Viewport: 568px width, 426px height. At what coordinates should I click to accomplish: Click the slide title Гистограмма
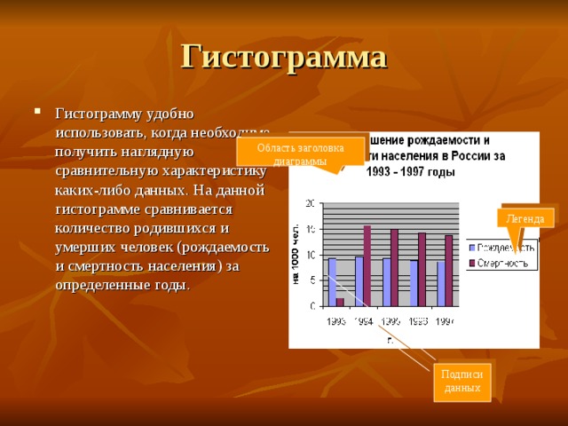[x=284, y=56]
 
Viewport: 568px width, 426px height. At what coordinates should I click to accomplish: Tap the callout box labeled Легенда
[x=525, y=218]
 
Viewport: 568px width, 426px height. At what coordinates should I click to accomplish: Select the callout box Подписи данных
[x=461, y=382]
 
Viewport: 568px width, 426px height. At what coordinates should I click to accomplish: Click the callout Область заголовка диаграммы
[x=300, y=153]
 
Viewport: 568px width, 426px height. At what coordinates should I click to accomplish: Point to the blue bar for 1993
[x=332, y=281]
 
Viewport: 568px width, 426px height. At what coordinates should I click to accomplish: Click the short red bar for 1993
[x=341, y=302]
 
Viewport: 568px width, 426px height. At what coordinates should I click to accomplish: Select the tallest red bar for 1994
[x=367, y=265]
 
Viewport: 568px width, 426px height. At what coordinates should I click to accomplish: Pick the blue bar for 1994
[x=359, y=280]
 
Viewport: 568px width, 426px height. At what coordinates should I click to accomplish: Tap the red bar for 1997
[x=449, y=270]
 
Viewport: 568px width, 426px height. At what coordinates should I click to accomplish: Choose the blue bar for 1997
[x=440, y=283]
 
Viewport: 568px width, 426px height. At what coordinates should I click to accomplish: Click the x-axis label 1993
[x=336, y=320]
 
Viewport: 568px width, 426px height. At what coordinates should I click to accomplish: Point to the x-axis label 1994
[x=363, y=320]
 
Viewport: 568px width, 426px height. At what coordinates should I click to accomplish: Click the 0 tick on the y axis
[x=312, y=306]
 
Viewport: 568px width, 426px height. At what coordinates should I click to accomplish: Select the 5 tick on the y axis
[x=312, y=280]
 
